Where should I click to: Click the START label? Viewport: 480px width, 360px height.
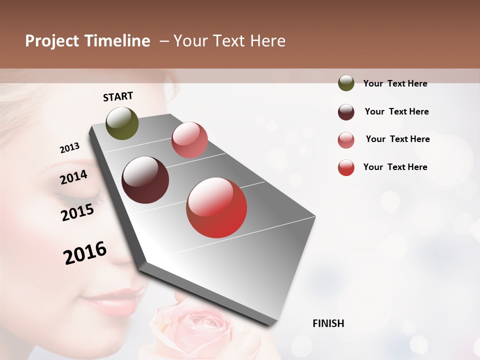pyautogui.click(x=118, y=96)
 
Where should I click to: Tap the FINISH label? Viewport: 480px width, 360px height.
pyautogui.click(x=328, y=323)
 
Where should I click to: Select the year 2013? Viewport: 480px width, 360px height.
pyautogui.click(x=69, y=148)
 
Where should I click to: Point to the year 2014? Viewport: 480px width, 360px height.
pyautogui.click(x=73, y=177)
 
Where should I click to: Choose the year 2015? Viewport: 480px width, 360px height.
pyautogui.click(x=77, y=212)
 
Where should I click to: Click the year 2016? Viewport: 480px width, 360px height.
pyautogui.click(x=85, y=252)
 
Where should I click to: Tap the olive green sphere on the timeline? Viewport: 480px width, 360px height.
pyautogui.click(x=122, y=123)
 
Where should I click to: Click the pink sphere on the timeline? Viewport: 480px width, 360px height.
pyautogui.click(x=189, y=140)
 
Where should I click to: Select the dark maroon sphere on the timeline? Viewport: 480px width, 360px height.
pyautogui.click(x=145, y=180)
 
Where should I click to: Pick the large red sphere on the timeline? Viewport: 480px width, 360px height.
pyautogui.click(x=216, y=207)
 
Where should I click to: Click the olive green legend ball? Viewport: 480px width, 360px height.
pyautogui.click(x=346, y=83)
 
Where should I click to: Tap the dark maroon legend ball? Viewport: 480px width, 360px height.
pyautogui.click(x=346, y=112)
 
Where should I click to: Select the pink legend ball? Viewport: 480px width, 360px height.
pyautogui.click(x=346, y=140)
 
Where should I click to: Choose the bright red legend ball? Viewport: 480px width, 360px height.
pyautogui.click(x=346, y=167)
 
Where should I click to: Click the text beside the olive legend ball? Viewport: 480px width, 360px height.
pyautogui.click(x=395, y=83)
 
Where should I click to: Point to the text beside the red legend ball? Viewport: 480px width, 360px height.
pyautogui.click(x=395, y=167)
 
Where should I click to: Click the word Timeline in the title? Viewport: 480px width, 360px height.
pyautogui.click(x=118, y=41)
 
